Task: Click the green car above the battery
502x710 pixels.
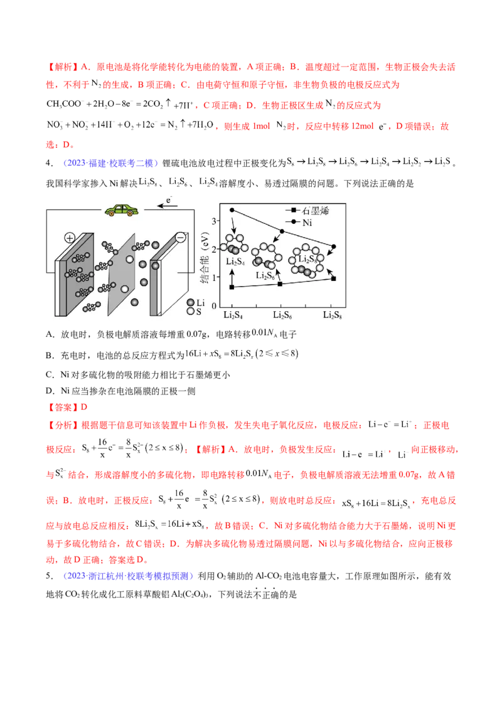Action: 120,210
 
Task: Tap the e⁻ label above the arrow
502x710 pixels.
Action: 168,200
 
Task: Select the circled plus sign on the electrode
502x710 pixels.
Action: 70,238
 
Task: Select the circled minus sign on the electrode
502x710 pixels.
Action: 181,238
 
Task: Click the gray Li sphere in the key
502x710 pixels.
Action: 191,302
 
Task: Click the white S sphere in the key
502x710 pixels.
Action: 191,311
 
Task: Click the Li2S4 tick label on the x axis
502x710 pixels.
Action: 232,314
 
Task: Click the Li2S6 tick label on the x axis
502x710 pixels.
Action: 282,314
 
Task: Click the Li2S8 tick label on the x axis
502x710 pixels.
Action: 333,314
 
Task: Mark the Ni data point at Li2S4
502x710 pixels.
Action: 232,210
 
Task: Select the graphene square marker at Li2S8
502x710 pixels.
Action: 333,278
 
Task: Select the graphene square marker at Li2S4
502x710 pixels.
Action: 232,287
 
